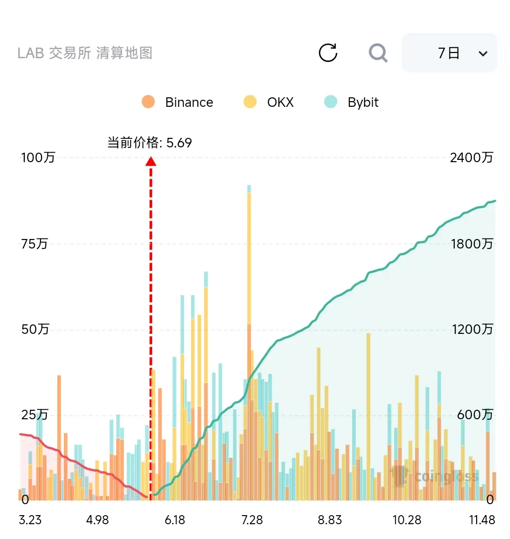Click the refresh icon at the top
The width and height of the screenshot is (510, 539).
click(x=328, y=52)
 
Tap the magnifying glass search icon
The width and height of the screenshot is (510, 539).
click(x=378, y=53)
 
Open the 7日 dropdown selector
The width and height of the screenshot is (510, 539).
click(x=449, y=53)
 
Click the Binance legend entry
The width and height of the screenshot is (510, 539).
click(x=177, y=102)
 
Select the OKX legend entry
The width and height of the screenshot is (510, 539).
click(x=268, y=102)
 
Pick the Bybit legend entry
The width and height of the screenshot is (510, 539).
click(x=351, y=102)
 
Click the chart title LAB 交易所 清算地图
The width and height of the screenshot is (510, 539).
click(x=85, y=53)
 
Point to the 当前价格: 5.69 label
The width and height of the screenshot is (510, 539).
click(x=149, y=142)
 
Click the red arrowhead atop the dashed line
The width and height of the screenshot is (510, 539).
click(x=151, y=161)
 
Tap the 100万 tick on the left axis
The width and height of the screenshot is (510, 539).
click(x=38, y=157)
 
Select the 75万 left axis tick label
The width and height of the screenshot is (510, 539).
click(x=34, y=244)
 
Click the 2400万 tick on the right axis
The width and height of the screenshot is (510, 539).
click(x=471, y=157)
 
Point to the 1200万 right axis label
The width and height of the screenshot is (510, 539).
click(x=472, y=329)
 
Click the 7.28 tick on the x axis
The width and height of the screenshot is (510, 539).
click(x=252, y=520)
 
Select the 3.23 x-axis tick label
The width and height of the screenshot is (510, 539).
click(x=30, y=520)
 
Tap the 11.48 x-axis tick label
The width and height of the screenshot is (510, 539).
click(x=482, y=520)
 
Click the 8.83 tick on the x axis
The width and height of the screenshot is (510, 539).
click(x=330, y=520)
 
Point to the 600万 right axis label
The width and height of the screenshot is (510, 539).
click(x=475, y=415)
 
